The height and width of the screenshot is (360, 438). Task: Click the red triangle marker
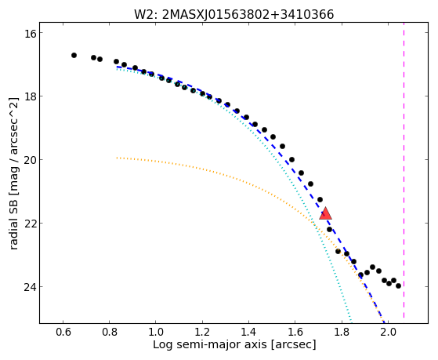pyautogui.click(x=325, y=213)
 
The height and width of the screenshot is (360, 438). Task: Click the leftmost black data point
pyautogui.click(x=74, y=56)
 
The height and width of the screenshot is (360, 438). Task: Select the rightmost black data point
pyautogui.click(x=398, y=285)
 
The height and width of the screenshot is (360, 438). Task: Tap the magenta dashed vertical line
pyautogui.click(x=404, y=173)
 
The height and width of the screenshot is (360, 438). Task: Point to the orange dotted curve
pyautogui.click(x=280, y=197)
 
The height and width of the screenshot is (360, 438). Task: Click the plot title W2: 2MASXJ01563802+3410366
pyautogui.click(x=234, y=15)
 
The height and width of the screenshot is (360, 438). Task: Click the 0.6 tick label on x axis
pyautogui.click(x=63, y=333)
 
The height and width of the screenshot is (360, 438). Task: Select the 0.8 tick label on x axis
pyautogui.click(x=110, y=333)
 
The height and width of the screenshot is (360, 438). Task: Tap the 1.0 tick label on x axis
pyautogui.click(x=156, y=333)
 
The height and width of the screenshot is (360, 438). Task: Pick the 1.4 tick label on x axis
pyautogui.click(x=248, y=333)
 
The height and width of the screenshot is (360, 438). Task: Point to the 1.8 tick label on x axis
pyautogui.click(x=342, y=333)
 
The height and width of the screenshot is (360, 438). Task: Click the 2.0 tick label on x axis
pyautogui.click(x=388, y=333)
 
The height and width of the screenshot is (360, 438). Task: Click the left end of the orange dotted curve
pyautogui.click(x=117, y=158)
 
